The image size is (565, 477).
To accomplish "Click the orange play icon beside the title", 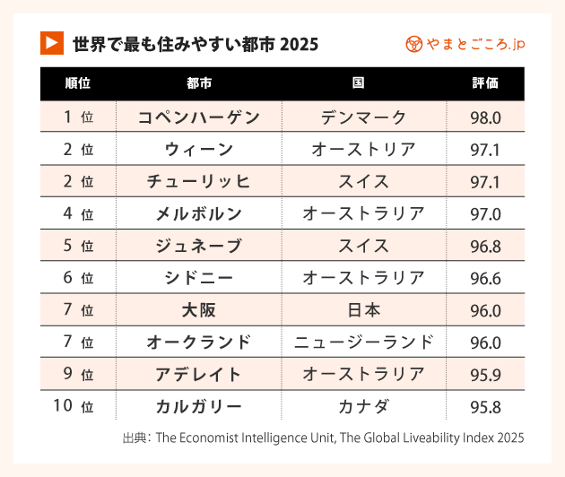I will [x=52, y=43].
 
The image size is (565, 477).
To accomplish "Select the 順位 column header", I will [x=78, y=84].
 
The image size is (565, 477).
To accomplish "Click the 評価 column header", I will [x=485, y=84].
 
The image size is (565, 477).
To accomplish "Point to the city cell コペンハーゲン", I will [x=199, y=117].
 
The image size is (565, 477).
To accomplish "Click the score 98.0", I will [x=485, y=117].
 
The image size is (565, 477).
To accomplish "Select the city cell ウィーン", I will [x=199, y=150].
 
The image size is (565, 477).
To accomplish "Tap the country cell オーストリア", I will [x=363, y=150].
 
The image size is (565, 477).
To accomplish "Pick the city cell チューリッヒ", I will [x=199, y=182].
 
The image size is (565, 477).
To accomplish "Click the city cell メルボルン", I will [x=199, y=214].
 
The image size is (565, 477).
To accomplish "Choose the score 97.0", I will [x=485, y=214].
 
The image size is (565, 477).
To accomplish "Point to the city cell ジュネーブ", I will [x=199, y=247].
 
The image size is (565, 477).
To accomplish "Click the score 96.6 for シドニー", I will [x=485, y=279].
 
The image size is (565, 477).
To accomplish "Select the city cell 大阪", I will [x=199, y=310].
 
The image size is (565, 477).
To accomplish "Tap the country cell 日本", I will [x=363, y=310].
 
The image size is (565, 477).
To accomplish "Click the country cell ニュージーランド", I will [x=363, y=343].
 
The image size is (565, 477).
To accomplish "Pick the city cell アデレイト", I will [x=199, y=375].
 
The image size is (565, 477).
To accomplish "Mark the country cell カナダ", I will [x=363, y=407].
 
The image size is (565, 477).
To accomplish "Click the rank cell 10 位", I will [x=74, y=407].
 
